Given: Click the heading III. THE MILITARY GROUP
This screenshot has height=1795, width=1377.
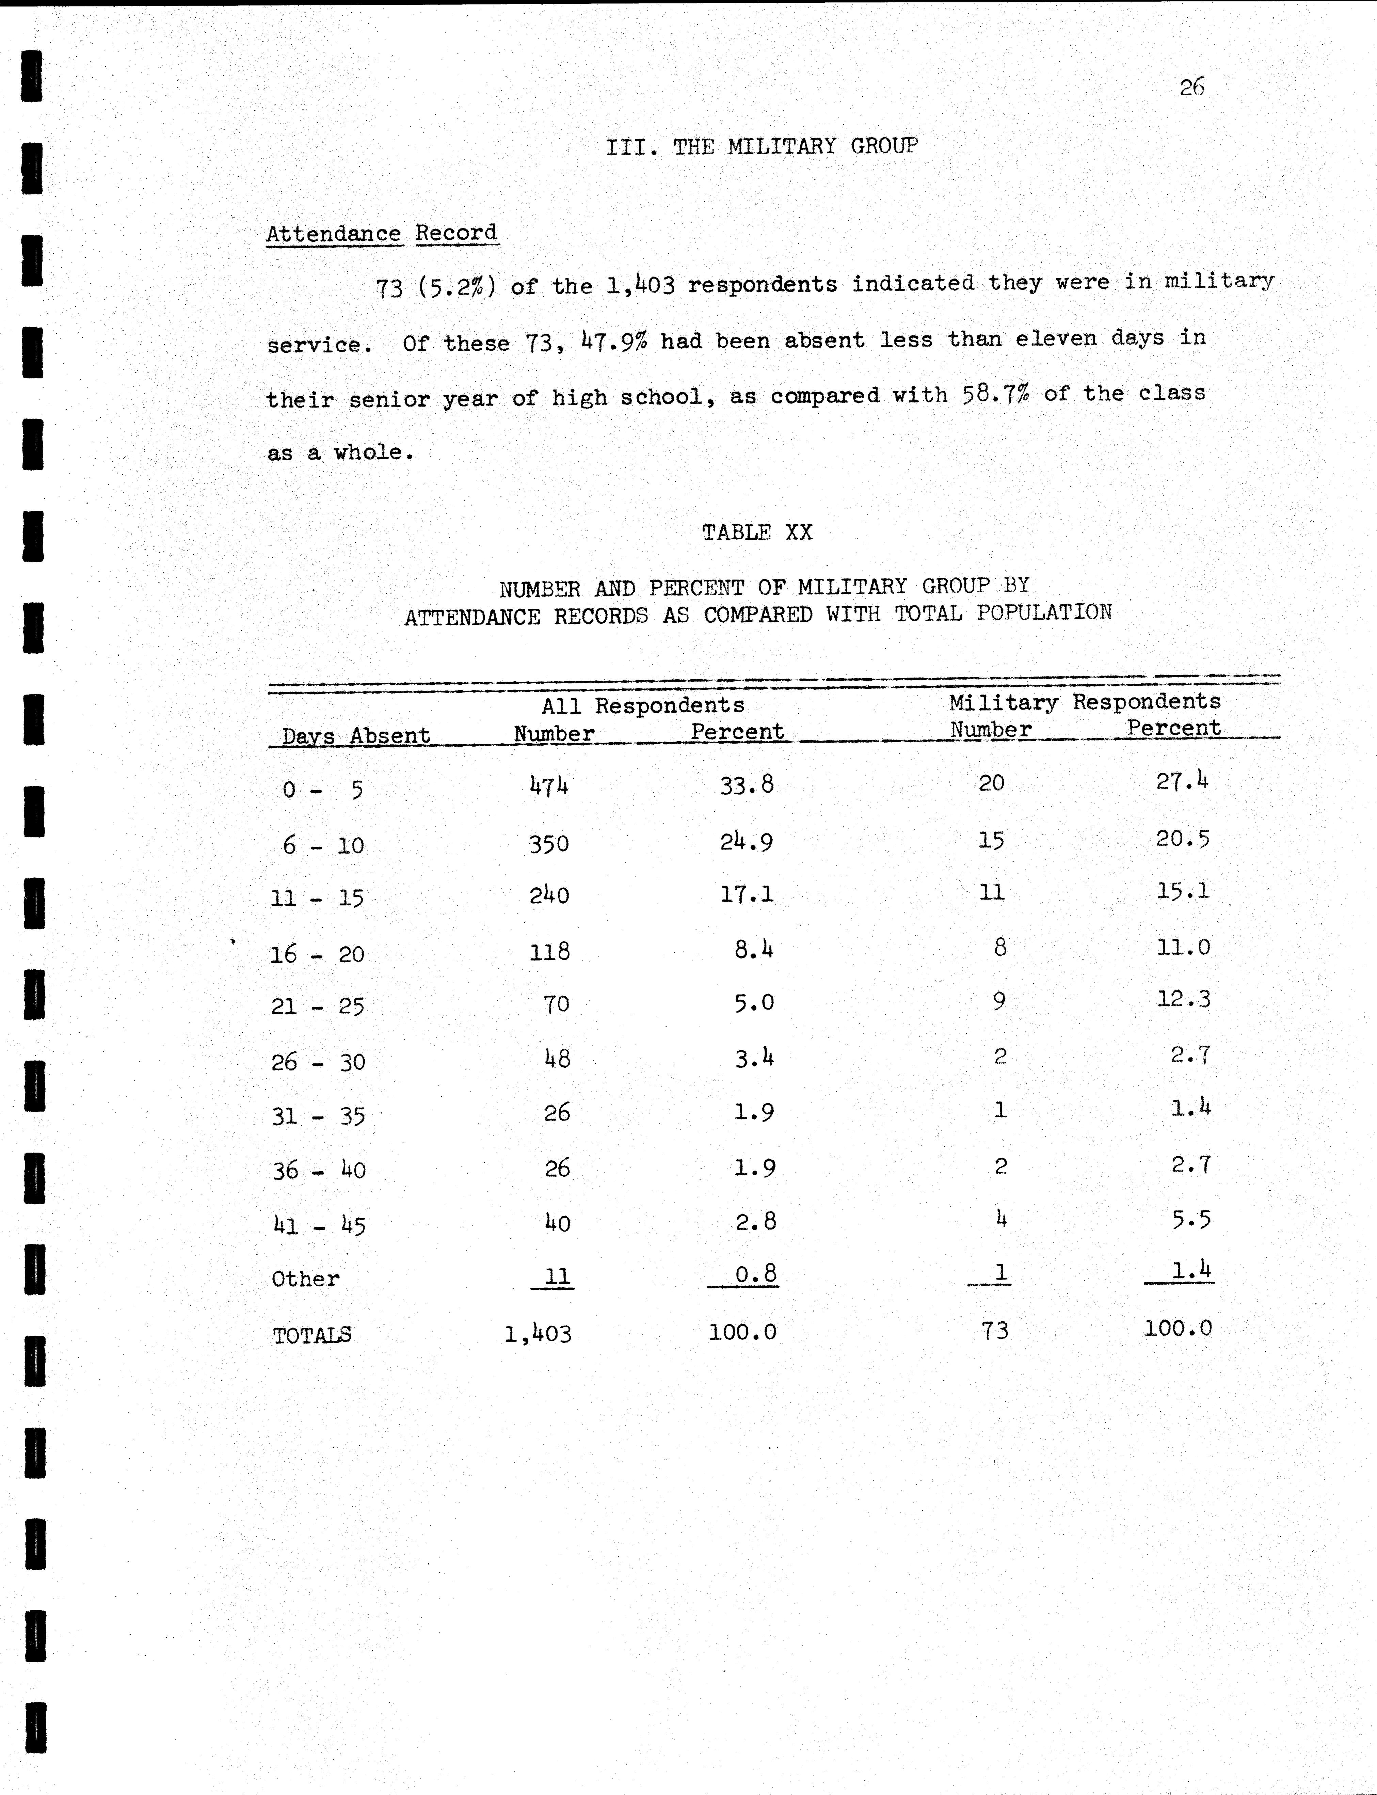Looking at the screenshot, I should coord(762,147).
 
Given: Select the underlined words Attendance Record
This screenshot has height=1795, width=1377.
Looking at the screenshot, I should coord(382,234).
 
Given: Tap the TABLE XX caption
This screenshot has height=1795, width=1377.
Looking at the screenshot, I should coord(756,533).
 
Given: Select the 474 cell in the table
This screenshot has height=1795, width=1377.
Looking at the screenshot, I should coord(549,786).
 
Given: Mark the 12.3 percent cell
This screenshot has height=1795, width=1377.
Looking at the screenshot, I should coord(1183,999).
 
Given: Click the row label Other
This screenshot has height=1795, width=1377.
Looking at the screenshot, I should coord(306,1278).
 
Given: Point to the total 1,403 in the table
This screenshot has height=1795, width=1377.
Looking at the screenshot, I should coord(538,1334).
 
